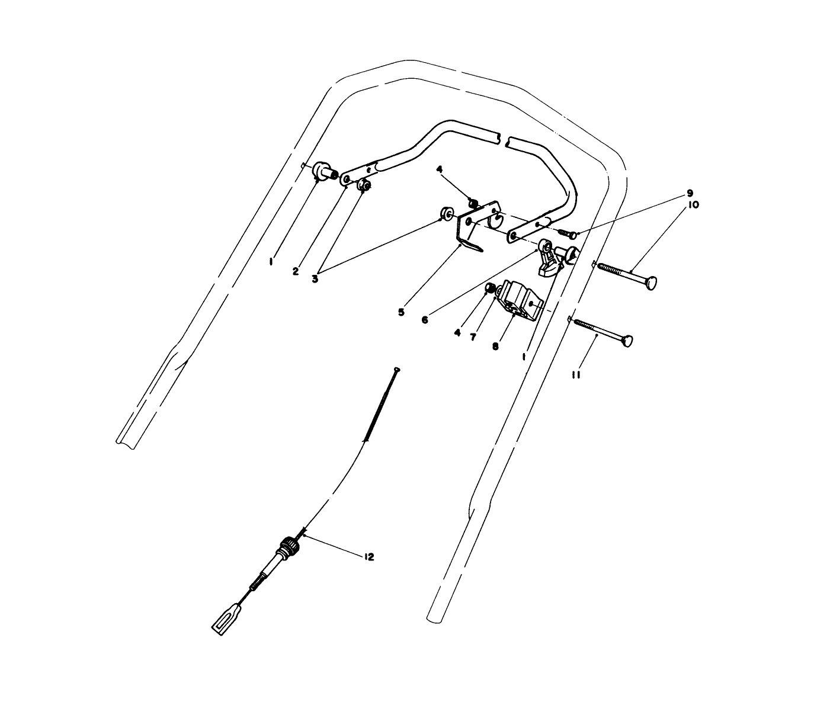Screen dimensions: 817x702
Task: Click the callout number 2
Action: (x=295, y=271)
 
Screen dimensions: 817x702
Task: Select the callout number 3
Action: (x=315, y=279)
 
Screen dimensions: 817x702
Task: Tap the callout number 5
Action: (x=401, y=312)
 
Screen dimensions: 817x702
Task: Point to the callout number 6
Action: (x=425, y=320)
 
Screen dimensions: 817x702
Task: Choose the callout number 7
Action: (x=473, y=337)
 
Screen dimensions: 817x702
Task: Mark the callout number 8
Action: (x=495, y=346)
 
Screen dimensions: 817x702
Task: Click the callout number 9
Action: (x=690, y=193)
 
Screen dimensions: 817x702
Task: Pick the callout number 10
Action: (x=693, y=205)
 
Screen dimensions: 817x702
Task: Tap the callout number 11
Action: (x=575, y=375)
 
